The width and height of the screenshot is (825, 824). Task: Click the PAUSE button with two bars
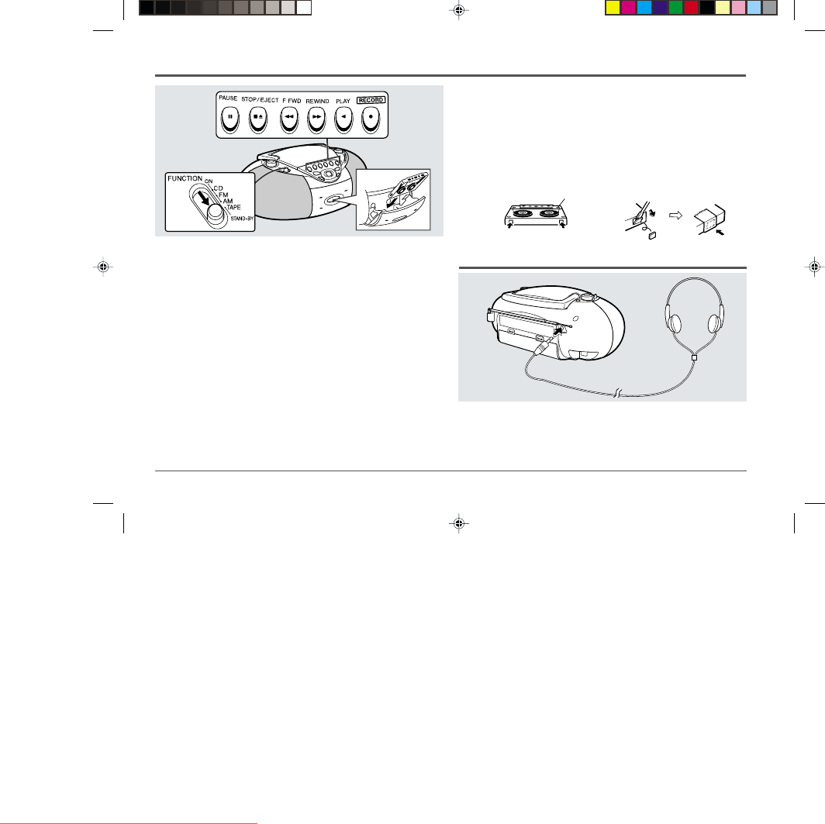point(230,119)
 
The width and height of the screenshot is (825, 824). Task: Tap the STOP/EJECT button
point(257,119)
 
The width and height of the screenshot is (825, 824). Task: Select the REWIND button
point(316,119)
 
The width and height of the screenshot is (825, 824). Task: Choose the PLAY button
point(343,119)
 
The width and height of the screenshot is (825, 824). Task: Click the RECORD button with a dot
point(371,119)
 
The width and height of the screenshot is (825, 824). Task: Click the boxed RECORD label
point(371,100)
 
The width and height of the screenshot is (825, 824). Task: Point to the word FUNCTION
point(185,179)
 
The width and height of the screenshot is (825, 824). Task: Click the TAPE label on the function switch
point(233,207)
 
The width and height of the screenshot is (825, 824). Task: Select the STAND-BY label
point(242,219)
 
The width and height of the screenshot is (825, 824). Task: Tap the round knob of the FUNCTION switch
point(216,213)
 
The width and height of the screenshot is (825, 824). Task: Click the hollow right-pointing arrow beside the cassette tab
point(675,215)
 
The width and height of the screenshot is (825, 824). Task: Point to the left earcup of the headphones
point(674,322)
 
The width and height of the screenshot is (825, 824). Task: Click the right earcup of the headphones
point(715,323)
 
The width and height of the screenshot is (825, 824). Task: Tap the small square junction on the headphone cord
point(694,357)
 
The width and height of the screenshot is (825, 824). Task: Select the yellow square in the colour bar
point(613,8)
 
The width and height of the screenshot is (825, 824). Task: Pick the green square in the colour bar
point(675,8)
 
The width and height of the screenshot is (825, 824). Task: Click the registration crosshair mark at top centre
point(459,10)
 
